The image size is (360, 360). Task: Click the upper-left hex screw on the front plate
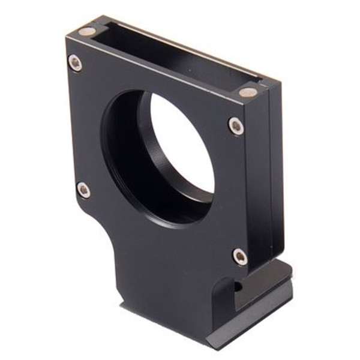coord(76,62)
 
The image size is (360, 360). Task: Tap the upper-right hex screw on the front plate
coord(236,125)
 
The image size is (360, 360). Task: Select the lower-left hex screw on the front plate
coord(84,190)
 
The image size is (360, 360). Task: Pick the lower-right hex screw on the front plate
coord(240,256)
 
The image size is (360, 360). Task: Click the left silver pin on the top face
coord(87,31)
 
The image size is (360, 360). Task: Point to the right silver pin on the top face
coord(247,92)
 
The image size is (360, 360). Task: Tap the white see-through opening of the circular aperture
coord(183,147)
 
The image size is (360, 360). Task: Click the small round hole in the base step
coord(238,287)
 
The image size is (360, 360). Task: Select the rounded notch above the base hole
coord(223,282)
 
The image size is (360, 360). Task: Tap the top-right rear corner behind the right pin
coord(280,84)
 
